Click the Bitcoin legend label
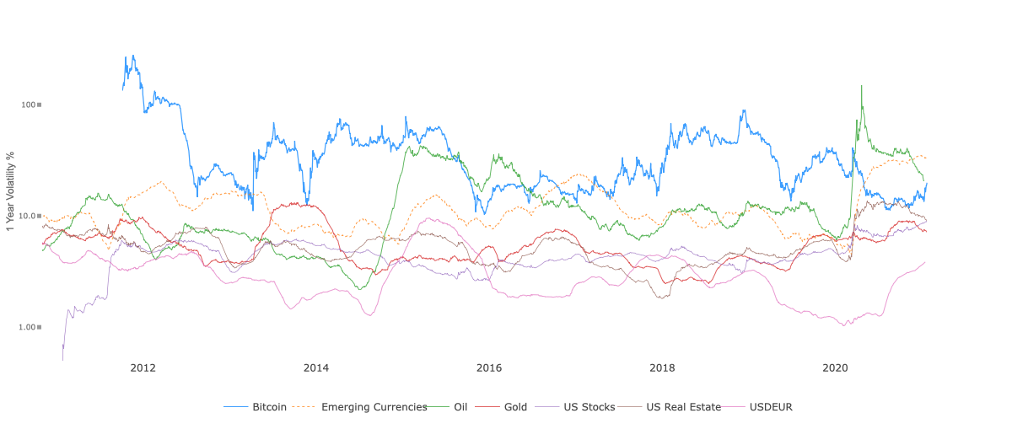269,407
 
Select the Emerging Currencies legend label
374,407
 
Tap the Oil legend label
460,407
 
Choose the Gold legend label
515,407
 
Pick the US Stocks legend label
589,407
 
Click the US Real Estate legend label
683,407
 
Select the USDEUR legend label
771,407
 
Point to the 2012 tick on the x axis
143,367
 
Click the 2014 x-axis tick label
316,367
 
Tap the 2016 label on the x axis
489,367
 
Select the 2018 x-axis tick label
662,367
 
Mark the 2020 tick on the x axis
835,367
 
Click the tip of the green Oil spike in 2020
861,85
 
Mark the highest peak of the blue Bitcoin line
132,56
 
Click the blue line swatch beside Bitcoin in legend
236,407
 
